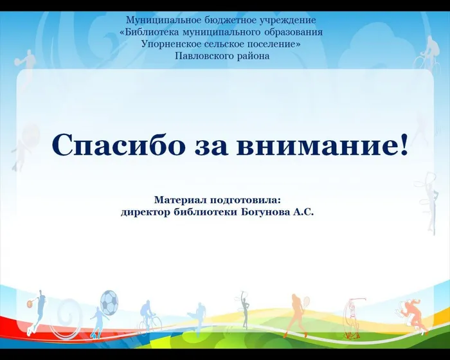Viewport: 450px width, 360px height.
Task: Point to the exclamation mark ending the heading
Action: coord(403,145)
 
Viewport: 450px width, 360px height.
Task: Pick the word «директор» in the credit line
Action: coord(145,212)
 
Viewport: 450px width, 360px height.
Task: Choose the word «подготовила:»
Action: coord(247,200)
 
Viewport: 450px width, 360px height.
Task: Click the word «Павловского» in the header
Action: coord(201,56)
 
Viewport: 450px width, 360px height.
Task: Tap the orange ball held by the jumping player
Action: coord(30,300)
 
